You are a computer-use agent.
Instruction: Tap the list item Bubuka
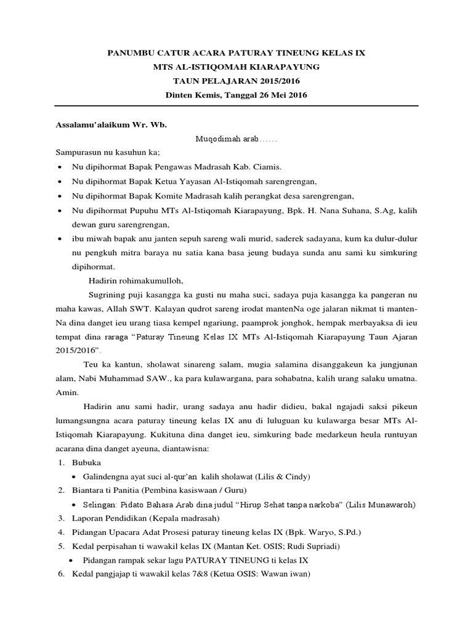point(85,462)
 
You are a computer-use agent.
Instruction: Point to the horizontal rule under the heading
point(237,106)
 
